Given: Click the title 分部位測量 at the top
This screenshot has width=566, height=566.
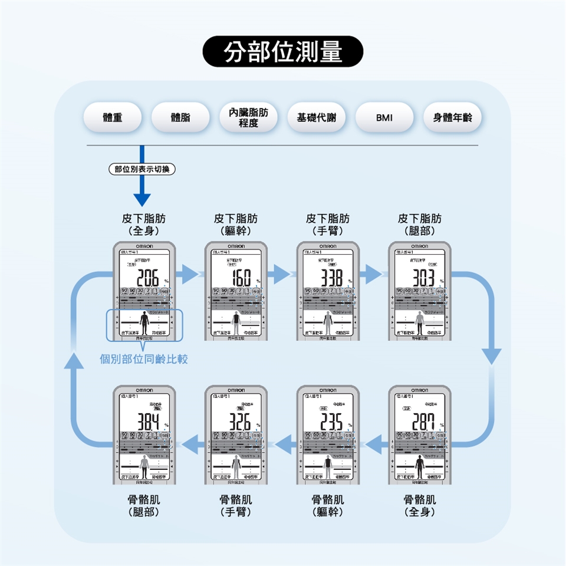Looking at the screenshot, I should (283, 52).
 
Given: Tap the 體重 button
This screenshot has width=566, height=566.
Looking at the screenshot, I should (113, 117).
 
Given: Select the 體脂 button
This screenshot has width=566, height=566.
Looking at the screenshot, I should (180, 117).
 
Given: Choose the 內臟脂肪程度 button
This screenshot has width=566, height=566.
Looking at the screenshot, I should (248, 117).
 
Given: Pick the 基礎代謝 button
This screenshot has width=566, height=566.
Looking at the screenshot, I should (317, 117).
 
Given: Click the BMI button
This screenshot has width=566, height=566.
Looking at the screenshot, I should (384, 117).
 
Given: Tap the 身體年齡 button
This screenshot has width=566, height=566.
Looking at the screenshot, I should (452, 117).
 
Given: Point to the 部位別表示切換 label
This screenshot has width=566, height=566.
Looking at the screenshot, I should (141, 169).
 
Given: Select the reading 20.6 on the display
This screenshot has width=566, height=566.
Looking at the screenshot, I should (145, 278).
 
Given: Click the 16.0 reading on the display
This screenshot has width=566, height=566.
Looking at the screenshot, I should (237, 278).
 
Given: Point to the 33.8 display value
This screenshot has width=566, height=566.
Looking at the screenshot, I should (328, 278).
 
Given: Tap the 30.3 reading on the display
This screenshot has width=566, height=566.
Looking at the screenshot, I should (420, 278).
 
